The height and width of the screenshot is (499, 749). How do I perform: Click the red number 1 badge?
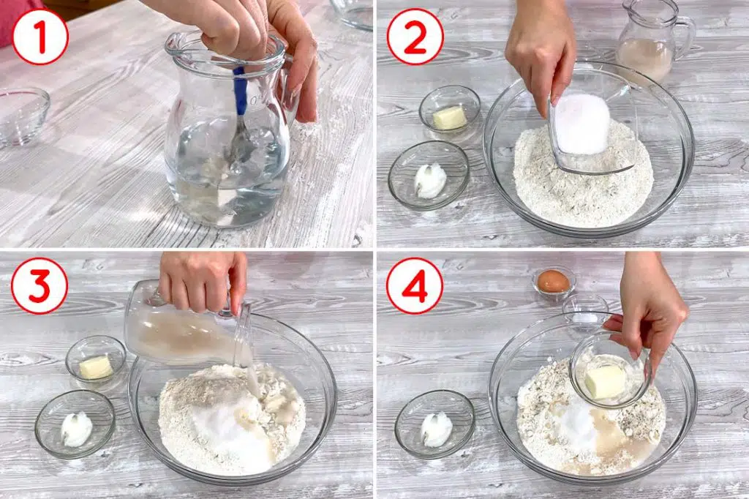point(40,37)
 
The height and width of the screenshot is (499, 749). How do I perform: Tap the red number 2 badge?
point(415,37)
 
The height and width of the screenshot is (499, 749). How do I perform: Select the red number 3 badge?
point(39,285)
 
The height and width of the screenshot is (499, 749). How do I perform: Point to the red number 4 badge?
point(415,285)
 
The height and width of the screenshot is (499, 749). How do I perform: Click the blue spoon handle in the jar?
point(241,91)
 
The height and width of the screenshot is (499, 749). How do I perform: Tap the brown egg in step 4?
point(554,282)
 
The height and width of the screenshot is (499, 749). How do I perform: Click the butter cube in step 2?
point(450,118)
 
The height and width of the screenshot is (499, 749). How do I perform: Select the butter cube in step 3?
point(96,367)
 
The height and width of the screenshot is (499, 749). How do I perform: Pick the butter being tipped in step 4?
point(605,382)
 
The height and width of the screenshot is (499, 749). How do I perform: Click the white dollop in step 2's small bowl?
point(430,181)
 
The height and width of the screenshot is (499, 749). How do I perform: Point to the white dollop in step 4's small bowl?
point(436,429)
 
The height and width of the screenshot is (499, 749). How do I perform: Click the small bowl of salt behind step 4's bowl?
point(585,311)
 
